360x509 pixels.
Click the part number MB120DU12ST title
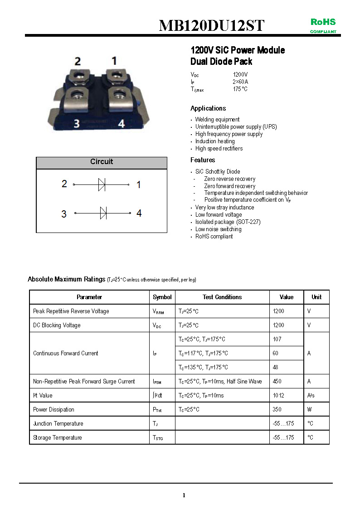click(x=211, y=25)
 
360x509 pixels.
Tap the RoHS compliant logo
click(x=323, y=25)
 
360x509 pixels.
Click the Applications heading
click(x=208, y=108)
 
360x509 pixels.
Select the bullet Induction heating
click(x=215, y=141)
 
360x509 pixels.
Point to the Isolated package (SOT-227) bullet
click(x=228, y=222)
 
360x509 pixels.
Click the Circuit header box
click(x=102, y=162)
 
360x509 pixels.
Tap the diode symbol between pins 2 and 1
click(x=102, y=184)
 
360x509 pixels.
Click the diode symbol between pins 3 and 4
click(x=103, y=213)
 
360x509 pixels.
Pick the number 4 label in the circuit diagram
click(x=139, y=213)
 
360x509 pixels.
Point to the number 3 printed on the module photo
click(x=77, y=123)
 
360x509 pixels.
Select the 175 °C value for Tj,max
click(x=240, y=89)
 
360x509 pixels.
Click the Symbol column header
click(x=162, y=297)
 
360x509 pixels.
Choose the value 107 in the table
click(x=277, y=339)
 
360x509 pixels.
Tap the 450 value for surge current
click(x=277, y=381)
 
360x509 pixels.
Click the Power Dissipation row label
click(x=54, y=409)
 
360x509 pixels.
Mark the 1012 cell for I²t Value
click(x=278, y=395)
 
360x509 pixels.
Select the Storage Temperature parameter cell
click(x=58, y=437)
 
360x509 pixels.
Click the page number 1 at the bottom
click(x=184, y=495)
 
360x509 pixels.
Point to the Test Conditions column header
click(x=222, y=297)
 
